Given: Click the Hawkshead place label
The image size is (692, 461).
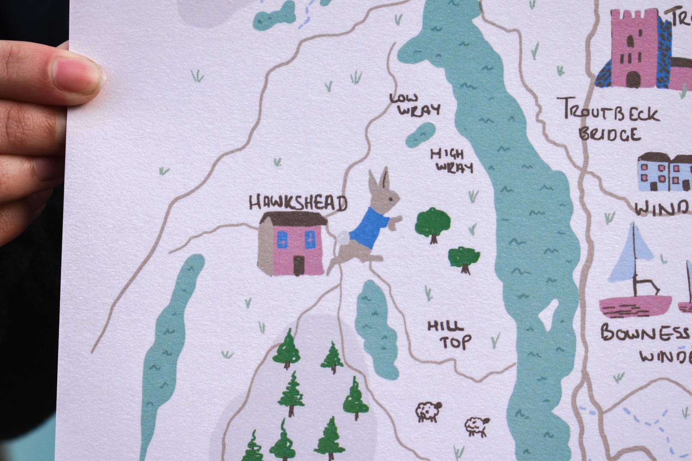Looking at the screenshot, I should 298,203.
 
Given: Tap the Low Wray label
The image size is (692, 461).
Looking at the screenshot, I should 414,105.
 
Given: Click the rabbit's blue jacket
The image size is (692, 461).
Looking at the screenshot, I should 367,228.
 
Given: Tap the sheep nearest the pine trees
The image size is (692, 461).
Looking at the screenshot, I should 428,411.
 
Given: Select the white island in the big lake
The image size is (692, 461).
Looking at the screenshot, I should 548,315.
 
